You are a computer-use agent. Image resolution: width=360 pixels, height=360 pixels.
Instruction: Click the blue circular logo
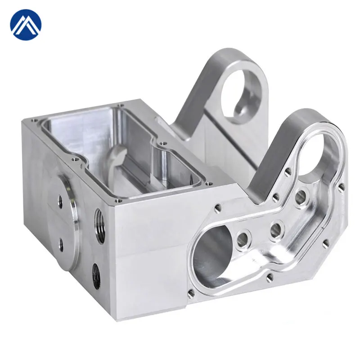pyautogui.click(x=26, y=25)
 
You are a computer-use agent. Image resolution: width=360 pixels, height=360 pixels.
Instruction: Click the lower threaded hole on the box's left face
pyautogui.click(x=96, y=274)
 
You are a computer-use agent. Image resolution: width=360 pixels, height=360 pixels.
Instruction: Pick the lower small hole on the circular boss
pyautogui.click(x=61, y=243)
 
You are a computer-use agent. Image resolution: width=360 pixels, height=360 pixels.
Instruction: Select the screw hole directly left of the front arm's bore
pyautogui.click(x=287, y=171)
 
